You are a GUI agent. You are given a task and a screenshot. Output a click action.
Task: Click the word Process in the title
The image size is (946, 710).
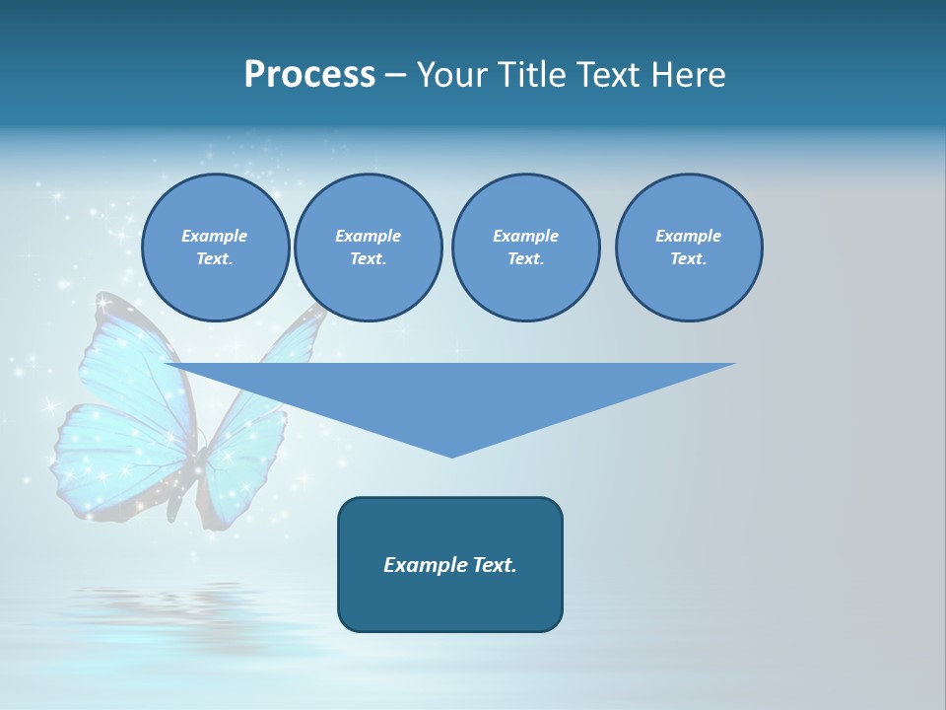[309, 75]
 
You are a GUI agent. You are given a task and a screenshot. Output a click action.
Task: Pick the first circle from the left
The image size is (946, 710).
[215, 248]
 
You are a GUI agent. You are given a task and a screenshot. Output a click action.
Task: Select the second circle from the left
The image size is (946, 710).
[368, 248]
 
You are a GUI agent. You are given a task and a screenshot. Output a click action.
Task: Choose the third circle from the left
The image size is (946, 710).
[525, 248]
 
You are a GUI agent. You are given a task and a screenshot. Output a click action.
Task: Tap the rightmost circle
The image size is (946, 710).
[688, 248]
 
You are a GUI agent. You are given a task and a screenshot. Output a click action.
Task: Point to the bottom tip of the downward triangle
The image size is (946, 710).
[451, 455]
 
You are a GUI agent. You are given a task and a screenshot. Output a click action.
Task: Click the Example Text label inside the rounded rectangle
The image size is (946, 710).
[450, 565]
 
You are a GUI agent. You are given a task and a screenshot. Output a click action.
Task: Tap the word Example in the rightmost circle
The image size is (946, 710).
[688, 236]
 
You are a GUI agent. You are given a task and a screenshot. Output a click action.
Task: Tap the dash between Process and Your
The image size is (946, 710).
[396, 75]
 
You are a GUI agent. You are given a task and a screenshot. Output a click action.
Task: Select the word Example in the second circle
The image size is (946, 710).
[368, 236]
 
